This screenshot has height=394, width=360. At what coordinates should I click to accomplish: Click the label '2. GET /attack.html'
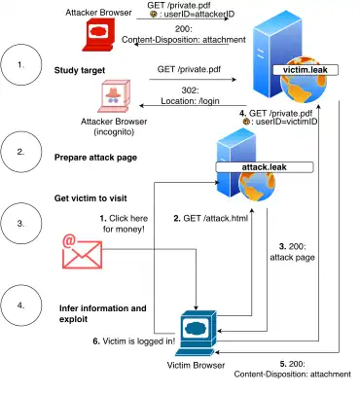pos(211,219)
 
